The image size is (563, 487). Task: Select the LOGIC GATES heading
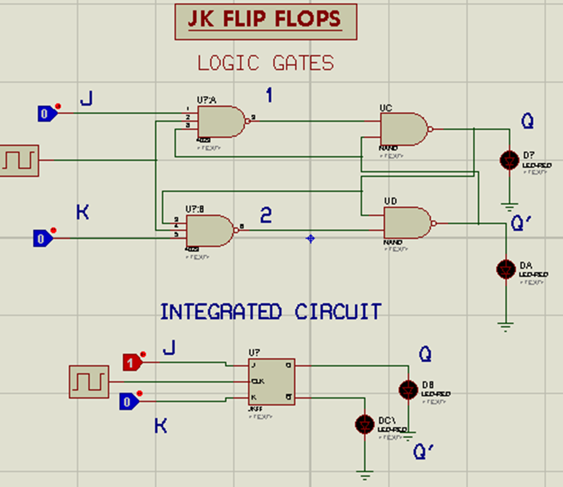coord(266,63)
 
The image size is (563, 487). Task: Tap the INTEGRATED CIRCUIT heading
coord(271,312)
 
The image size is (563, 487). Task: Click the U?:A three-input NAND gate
coord(221,121)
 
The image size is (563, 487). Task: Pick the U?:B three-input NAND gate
coord(211,230)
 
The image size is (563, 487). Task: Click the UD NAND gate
coord(407,223)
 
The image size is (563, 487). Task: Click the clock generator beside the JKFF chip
coord(89,381)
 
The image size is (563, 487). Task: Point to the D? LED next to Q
coord(509,160)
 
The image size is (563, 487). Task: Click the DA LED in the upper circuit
coord(506,269)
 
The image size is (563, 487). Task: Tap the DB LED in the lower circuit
coord(408,389)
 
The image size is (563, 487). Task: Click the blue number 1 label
coord(269,95)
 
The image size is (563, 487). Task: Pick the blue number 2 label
coord(266,215)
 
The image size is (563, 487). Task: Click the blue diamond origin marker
coord(311,239)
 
